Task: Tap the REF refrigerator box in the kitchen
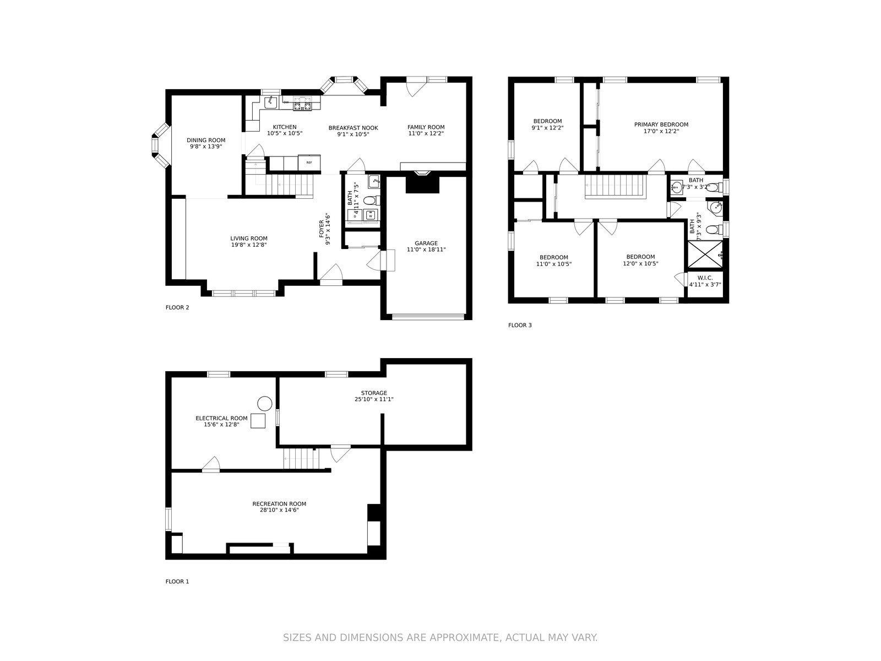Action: pos(309,162)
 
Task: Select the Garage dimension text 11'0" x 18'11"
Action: pos(426,250)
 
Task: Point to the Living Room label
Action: pos(249,239)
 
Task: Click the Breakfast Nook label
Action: pos(353,128)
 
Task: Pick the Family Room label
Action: pos(426,127)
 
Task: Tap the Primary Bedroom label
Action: pos(661,124)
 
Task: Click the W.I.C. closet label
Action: pos(705,278)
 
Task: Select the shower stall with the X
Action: pos(705,254)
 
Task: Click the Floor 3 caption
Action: pos(520,325)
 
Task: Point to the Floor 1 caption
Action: pos(177,582)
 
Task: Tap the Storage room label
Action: pos(374,393)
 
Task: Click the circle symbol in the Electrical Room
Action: pos(264,404)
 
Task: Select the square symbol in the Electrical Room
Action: pos(258,421)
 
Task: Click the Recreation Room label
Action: pos(279,503)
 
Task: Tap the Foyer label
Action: pos(322,229)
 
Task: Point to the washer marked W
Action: pos(371,215)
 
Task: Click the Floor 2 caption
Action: pos(177,307)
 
